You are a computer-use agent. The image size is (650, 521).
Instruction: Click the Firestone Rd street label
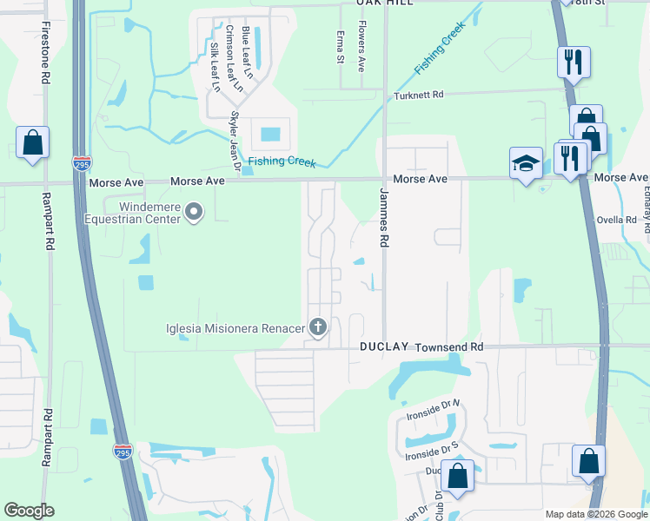[44, 52]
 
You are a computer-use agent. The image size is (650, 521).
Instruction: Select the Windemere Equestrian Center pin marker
[195, 211]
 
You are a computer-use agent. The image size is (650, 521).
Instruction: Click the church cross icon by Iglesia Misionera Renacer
[318, 327]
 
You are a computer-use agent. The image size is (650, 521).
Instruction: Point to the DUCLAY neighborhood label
[384, 346]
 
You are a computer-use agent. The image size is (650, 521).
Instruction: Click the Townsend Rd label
[448, 346]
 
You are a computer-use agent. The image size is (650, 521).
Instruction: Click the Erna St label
[340, 48]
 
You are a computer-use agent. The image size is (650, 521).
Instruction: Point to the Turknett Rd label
[418, 95]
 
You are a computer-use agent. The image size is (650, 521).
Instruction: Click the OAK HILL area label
[383, 3]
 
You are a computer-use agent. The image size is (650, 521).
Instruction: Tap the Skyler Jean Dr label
[234, 140]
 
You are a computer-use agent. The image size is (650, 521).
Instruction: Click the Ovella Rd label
[617, 220]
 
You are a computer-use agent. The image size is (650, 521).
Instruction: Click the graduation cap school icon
[526, 162]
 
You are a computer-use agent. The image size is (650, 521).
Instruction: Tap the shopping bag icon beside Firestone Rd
[32, 142]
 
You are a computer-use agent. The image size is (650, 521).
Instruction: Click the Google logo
[29, 511]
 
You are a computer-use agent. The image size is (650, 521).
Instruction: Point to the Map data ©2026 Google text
[596, 513]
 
